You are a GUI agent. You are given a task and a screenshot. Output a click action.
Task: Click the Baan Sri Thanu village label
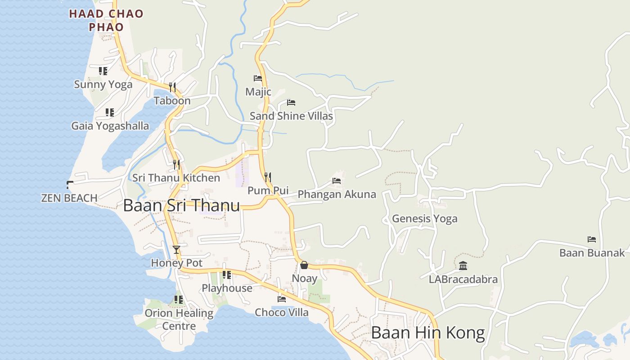(181, 206)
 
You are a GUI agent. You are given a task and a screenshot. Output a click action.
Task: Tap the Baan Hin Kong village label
(427, 333)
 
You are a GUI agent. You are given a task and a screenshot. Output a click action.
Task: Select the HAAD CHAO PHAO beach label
(106, 20)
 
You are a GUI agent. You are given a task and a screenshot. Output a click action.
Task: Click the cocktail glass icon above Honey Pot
(176, 250)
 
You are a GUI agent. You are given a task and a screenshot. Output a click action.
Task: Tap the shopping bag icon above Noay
(304, 265)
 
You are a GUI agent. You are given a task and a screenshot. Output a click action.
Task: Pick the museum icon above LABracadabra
(463, 266)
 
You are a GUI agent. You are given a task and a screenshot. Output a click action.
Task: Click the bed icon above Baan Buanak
(592, 239)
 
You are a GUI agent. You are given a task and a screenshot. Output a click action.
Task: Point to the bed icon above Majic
(258, 78)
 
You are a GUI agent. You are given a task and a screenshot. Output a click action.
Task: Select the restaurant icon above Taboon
(172, 87)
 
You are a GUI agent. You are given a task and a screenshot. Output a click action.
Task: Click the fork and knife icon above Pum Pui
(268, 177)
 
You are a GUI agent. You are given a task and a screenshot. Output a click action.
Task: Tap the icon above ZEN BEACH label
(69, 184)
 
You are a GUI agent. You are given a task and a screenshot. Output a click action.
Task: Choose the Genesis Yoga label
(424, 219)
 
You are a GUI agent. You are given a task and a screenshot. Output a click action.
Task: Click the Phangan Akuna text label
(337, 194)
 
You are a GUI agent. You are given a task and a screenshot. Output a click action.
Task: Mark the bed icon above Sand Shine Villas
(291, 103)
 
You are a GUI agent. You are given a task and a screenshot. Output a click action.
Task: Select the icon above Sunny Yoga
(103, 71)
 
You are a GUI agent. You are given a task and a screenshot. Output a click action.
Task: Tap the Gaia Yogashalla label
(110, 126)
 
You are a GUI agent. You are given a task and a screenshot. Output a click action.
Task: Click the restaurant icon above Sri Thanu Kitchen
(176, 164)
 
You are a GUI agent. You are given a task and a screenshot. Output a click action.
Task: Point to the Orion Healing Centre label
(179, 319)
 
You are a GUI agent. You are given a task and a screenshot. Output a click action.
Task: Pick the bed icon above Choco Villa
(282, 299)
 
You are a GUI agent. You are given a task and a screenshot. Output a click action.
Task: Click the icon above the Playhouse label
(227, 274)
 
